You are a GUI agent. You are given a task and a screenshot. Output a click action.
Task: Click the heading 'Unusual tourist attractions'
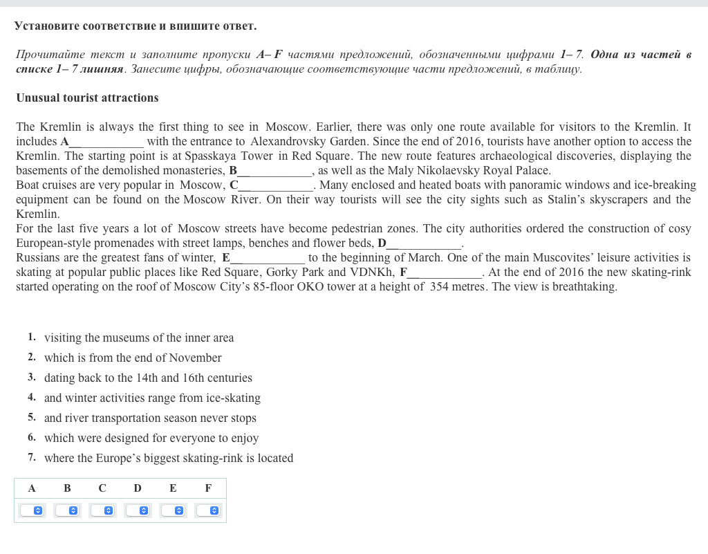87,98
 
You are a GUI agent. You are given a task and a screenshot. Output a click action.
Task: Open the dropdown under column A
32,510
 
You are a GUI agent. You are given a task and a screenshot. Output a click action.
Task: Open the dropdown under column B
67,510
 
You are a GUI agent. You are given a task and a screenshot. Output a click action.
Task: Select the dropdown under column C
102,510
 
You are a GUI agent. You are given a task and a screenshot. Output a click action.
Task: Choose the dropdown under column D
138,510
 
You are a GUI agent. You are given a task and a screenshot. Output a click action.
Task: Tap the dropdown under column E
173,510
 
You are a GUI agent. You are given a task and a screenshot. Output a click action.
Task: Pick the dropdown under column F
208,510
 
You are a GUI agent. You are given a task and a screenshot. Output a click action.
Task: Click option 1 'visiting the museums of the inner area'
139,338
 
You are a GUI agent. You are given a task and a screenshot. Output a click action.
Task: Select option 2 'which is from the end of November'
133,358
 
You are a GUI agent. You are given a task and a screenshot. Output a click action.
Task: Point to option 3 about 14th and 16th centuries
148,378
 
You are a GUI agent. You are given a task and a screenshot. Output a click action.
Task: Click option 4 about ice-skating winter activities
152,398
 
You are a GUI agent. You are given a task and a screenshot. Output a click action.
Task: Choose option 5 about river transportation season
150,418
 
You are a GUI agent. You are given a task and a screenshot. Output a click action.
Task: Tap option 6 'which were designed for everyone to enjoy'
151,438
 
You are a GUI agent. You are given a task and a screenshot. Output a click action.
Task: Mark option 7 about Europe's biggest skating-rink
169,459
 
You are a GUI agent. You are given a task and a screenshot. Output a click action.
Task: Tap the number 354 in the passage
439,287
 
